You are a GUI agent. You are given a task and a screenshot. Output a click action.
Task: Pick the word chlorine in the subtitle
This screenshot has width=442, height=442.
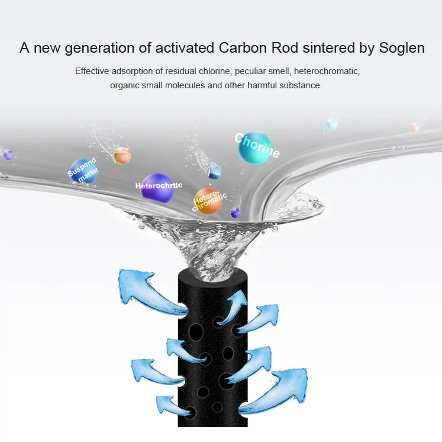[x=212, y=71]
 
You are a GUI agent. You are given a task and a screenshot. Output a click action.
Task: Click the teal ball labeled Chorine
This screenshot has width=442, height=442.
[x=255, y=147]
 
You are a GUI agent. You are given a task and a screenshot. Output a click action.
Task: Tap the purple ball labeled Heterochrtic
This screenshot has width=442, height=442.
[x=157, y=186]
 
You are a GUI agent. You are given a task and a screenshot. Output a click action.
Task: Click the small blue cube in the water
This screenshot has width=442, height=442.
[x=214, y=172]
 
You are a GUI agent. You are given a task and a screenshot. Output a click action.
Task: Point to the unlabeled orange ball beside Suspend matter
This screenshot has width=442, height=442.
[x=122, y=155]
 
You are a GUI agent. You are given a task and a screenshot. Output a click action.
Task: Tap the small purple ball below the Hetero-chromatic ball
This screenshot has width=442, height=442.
[x=235, y=213]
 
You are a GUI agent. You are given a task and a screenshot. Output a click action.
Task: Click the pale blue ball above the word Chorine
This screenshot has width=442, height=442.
[x=332, y=124]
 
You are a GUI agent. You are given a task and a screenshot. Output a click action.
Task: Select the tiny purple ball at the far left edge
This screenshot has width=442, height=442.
[x=8, y=155]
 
